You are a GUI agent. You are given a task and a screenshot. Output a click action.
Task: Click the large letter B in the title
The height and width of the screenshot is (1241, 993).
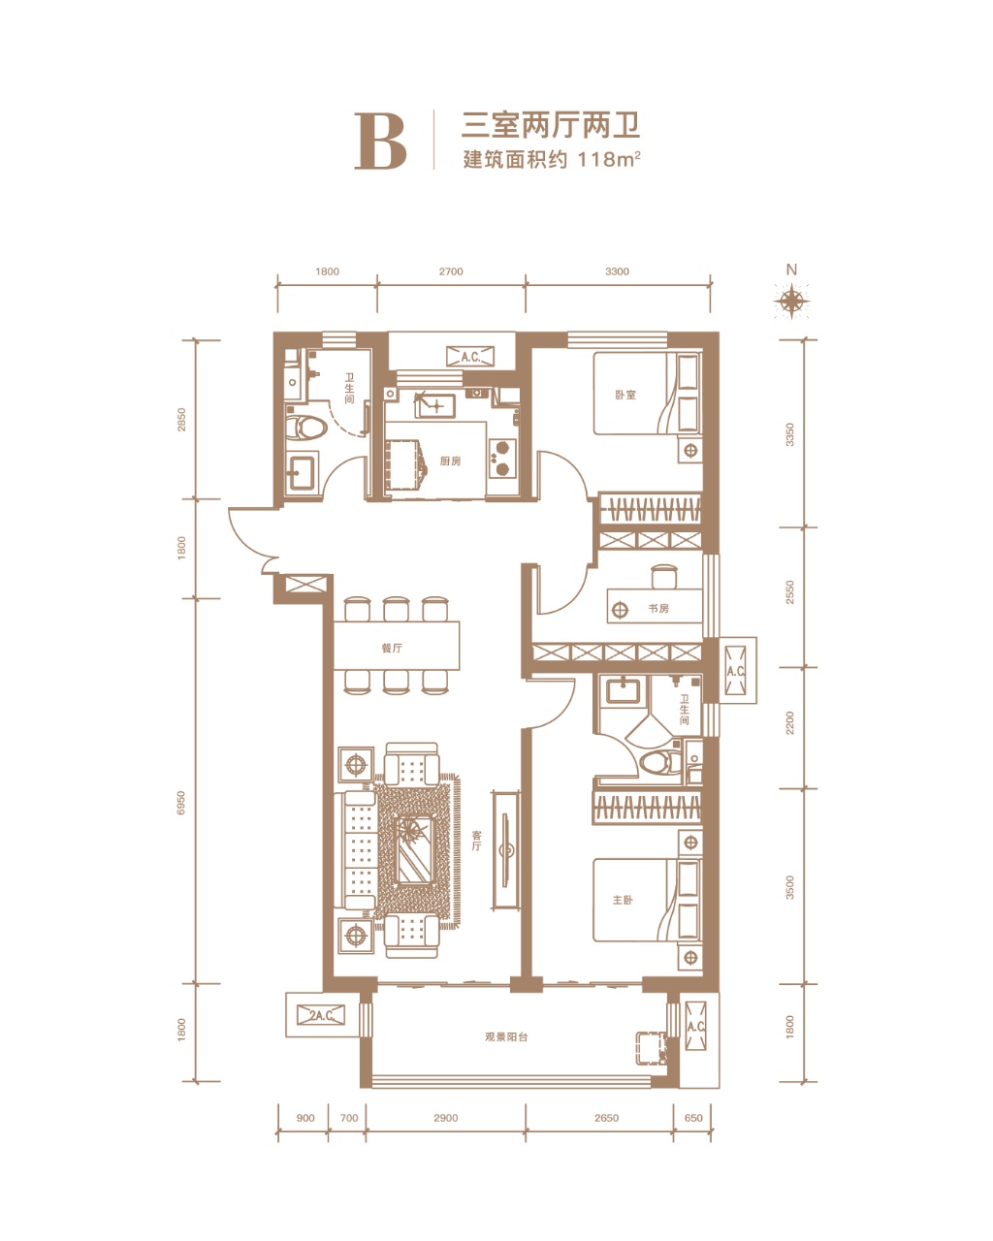pos(380,141)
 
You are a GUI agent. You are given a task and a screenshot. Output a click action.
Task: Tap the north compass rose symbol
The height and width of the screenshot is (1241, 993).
pos(791,301)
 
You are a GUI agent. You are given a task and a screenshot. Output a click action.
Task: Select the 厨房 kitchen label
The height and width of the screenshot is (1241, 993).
pos(450,461)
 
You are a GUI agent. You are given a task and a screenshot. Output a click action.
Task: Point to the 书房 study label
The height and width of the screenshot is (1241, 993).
pos(658,609)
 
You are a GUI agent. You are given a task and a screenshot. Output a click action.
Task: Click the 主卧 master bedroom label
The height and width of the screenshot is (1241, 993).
pos(623,900)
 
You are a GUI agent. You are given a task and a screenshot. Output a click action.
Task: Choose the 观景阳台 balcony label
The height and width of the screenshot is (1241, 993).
pos(506,1036)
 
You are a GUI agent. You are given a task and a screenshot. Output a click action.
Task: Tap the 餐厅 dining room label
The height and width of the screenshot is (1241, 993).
pos(392,649)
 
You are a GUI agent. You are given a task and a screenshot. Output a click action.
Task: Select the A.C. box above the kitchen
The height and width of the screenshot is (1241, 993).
pos(470,357)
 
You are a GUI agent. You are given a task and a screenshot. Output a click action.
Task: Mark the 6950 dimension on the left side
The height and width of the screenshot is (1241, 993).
pos(181,803)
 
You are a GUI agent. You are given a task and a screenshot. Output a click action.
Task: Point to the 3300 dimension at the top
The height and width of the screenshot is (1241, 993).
pos(617,271)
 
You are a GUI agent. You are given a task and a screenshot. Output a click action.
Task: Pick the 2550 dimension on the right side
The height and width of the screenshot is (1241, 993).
pos(789,592)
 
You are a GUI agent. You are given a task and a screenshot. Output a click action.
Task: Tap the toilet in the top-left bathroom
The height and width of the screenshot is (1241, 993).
pos(305,428)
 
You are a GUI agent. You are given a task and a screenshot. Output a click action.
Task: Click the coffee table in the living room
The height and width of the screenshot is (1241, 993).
pos(414,849)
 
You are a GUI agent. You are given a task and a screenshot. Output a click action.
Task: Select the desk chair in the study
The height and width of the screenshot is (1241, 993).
pos(663,576)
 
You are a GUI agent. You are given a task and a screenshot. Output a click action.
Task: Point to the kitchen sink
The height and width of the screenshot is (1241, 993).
pos(434,405)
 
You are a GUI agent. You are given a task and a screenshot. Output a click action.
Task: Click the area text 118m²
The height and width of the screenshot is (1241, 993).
pos(609,159)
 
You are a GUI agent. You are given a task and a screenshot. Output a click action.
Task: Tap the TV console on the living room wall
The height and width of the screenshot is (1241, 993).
pos(506,851)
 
